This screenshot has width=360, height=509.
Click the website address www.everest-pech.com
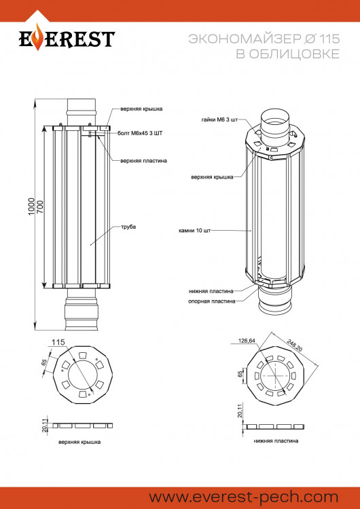click(x=244, y=497)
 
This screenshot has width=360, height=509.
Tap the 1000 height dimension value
click(x=31, y=206)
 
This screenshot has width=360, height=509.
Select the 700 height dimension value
click(x=40, y=207)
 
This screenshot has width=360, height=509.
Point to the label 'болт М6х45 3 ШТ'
click(x=140, y=133)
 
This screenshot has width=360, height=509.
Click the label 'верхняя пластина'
click(x=143, y=161)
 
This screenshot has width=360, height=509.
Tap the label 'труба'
click(x=128, y=227)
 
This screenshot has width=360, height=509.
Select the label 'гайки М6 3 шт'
click(x=219, y=119)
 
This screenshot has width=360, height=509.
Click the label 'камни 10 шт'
click(x=195, y=231)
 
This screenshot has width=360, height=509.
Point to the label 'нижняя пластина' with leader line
click(x=211, y=291)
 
